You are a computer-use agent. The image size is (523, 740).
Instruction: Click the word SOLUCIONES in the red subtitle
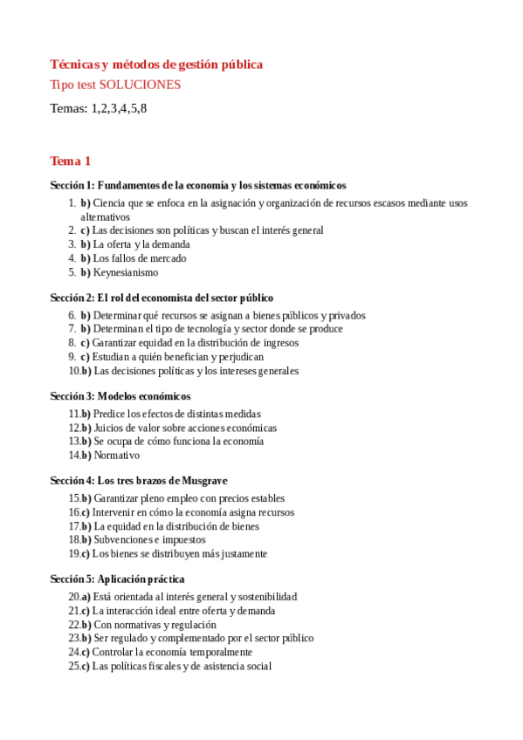140,85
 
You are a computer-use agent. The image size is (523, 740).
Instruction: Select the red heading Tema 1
71,161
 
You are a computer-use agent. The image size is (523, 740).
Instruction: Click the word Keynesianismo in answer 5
126,272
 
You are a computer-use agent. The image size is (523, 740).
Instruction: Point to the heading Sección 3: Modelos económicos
120,396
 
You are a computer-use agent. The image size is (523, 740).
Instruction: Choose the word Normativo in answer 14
116,456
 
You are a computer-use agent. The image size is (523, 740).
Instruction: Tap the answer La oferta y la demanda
141,244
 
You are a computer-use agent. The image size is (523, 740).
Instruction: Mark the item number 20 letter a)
85,597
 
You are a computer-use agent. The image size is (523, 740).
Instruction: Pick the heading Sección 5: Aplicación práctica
117,579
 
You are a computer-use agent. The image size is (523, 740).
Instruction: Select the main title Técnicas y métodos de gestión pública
156,65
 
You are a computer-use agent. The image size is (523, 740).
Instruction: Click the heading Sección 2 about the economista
162,298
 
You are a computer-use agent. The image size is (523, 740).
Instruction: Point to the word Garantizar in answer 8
116,343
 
